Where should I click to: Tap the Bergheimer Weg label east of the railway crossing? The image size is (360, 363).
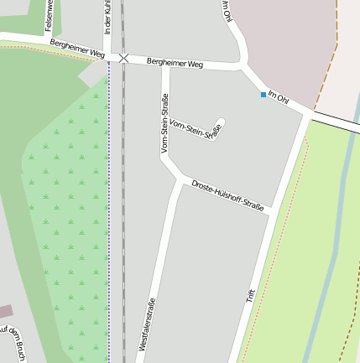pos(175,63)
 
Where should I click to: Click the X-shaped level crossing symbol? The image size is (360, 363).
pos(124,58)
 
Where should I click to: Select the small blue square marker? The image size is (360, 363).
pos(263,95)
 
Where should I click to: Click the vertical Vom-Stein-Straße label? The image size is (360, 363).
pos(164,122)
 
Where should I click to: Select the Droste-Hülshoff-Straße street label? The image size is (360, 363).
pos(227,194)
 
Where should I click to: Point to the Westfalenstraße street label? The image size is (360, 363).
pos(147,324)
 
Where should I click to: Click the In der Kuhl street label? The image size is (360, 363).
pos(107,16)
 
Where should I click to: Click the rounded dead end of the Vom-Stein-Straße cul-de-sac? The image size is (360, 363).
pos(221,122)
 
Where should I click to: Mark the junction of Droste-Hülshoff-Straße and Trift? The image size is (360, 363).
pos(269,215)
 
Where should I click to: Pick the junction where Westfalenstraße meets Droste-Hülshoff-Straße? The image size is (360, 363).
pos(178,179)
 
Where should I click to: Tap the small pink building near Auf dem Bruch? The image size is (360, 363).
pos(5,312)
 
